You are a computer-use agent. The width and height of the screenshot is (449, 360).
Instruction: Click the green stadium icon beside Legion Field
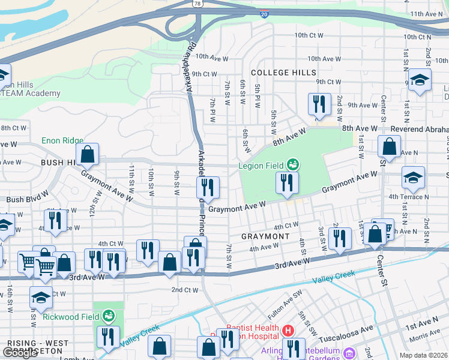point(293,163)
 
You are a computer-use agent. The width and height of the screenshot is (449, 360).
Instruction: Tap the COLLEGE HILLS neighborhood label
point(283,73)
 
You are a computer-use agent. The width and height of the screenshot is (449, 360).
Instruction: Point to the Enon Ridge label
point(62,140)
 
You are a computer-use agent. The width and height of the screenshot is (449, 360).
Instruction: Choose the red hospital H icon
point(288,330)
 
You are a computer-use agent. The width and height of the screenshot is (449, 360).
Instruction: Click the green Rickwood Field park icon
point(108,315)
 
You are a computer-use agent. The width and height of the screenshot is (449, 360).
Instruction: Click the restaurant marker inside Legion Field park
point(287,183)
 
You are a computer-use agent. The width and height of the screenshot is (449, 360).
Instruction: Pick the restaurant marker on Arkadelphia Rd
point(208,188)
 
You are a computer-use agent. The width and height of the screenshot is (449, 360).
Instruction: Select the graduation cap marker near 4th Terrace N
point(413,178)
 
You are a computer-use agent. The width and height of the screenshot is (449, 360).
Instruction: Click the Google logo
point(20,353)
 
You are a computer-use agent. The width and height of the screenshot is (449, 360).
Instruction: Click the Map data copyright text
point(423,355)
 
